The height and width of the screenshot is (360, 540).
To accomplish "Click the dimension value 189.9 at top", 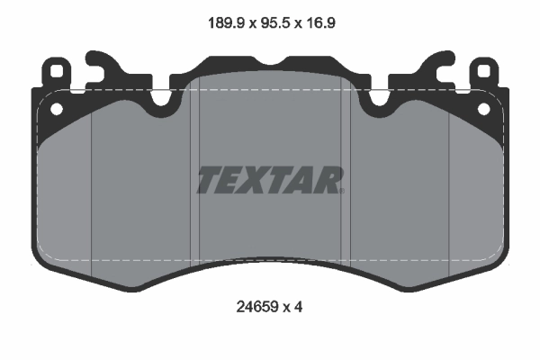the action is (226, 23).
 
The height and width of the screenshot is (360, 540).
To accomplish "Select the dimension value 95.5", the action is (274, 23).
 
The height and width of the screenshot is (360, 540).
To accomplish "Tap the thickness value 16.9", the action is (319, 23).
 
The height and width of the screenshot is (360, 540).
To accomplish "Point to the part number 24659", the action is (256, 307).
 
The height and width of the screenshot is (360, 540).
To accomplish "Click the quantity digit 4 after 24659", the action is (298, 307).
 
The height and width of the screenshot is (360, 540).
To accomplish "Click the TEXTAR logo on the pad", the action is (270, 180).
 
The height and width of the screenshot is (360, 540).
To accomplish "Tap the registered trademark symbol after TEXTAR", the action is (342, 191).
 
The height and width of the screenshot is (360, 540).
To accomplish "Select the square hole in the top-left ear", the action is (56, 71).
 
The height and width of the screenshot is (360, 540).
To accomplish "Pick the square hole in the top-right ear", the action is (484, 71).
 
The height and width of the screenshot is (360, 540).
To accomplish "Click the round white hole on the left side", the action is (57, 109).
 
